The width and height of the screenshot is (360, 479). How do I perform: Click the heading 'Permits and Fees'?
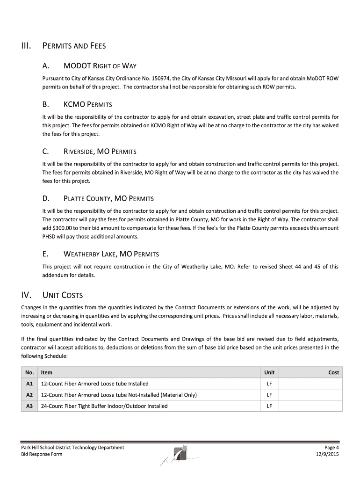point(74,46)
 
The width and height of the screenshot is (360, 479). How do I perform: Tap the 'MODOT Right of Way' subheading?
point(100,66)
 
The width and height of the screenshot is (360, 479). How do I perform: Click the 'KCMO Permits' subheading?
point(87,104)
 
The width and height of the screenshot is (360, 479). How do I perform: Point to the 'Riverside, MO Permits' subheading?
point(100,152)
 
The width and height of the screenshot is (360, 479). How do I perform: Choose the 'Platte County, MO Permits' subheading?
point(108,198)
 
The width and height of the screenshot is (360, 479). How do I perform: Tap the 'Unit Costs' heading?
point(62,295)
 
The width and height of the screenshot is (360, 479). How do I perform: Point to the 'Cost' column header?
point(333,372)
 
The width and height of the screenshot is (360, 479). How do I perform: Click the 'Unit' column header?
point(269,372)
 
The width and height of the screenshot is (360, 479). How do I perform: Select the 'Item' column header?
point(47,372)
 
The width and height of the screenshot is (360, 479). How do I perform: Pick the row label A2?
point(29,395)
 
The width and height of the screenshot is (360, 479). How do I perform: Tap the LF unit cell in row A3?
point(269,406)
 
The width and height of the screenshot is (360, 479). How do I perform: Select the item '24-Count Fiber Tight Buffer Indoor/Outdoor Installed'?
point(104,406)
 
